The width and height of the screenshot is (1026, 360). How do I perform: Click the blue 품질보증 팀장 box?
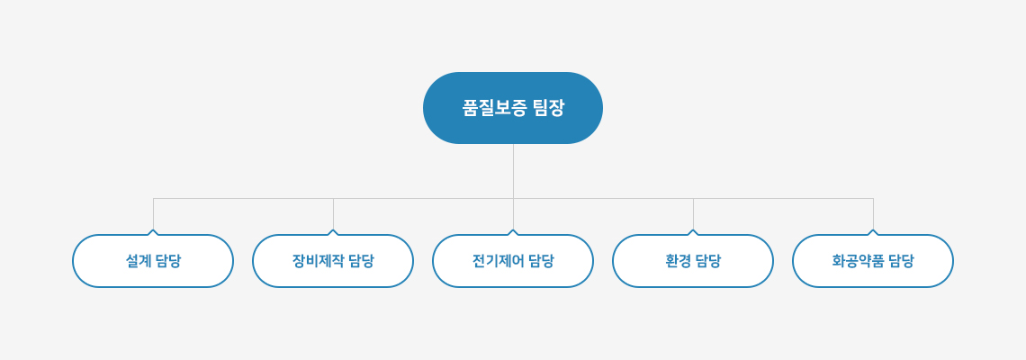point(513,108)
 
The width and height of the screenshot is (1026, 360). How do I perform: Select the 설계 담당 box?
point(153,260)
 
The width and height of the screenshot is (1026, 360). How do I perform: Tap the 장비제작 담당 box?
point(333,260)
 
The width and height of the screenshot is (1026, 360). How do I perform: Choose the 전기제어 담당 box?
point(513,260)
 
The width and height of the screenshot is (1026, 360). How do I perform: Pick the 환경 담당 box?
point(693,260)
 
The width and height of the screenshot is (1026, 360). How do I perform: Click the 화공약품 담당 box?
point(873,260)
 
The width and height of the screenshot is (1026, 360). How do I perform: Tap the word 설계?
point(138,261)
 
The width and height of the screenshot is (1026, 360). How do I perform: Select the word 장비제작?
point(318,261)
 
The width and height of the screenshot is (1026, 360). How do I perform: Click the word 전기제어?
point(498,261)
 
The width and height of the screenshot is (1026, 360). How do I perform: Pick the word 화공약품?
point(857,261)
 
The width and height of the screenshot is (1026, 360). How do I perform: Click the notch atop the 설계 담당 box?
point(153,231)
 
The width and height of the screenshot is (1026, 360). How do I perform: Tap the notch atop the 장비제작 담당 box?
point(333,231)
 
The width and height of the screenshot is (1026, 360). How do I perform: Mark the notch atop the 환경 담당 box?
point(693,231)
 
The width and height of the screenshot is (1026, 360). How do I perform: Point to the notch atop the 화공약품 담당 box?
point(873,231)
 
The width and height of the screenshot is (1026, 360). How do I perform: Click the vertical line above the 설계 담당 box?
point(153,214)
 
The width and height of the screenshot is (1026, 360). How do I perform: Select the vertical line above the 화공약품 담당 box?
point(873,214)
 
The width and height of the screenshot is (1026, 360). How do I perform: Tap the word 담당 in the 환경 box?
point(708,261)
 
